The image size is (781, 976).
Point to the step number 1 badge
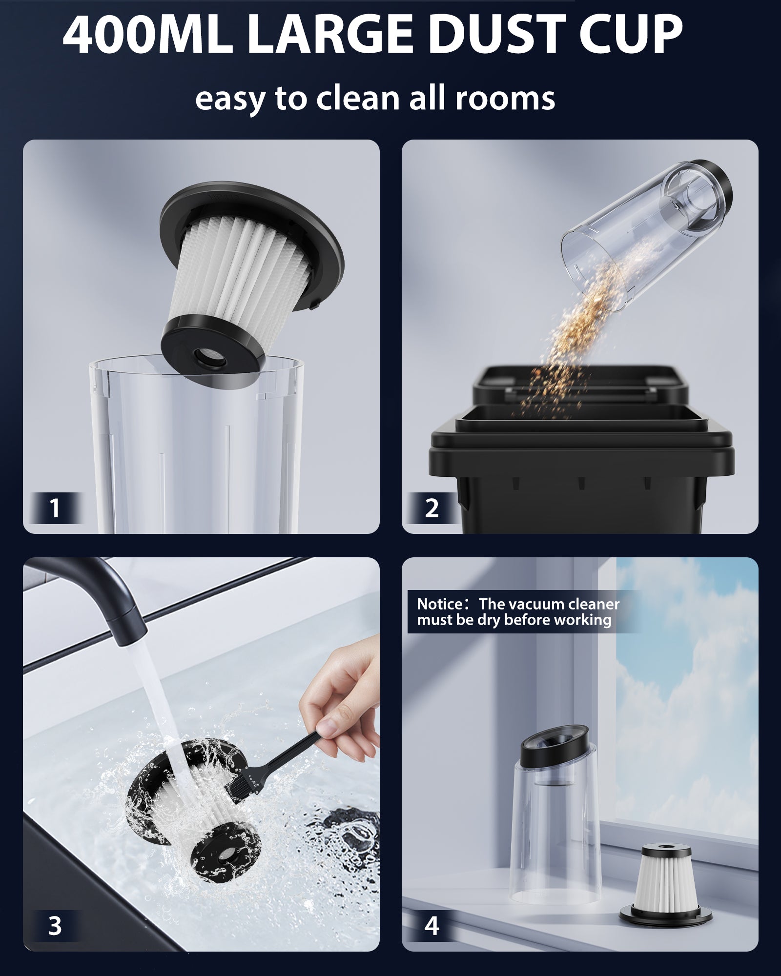point(55,508)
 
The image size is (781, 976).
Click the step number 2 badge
point(432,508)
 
